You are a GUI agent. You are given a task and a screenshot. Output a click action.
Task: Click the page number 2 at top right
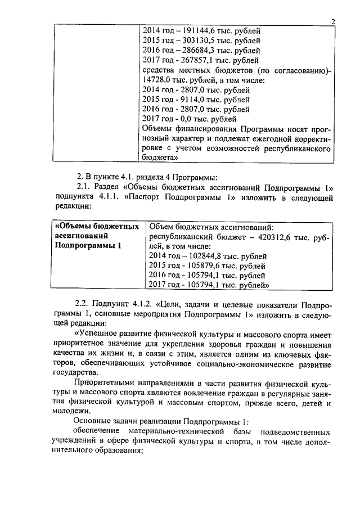(334, 22)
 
